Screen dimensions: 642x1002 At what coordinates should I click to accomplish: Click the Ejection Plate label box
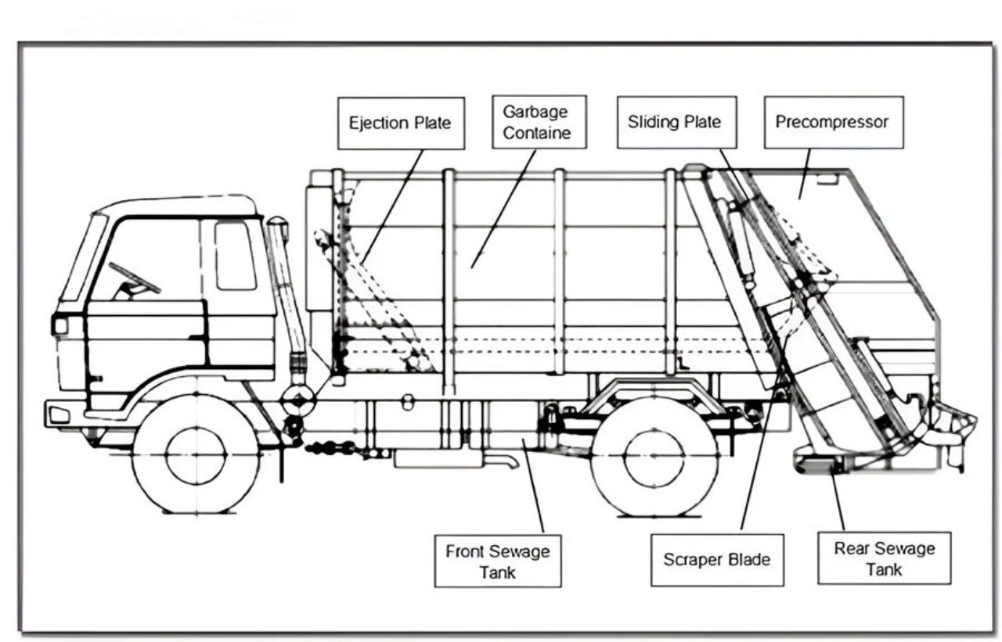pos(401,123)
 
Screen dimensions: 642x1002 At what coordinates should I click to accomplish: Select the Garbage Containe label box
pos(536,123)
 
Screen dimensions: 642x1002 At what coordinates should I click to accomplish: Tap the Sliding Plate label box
pos(675,122)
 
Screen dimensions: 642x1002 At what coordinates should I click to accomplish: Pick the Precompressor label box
pos(832,122)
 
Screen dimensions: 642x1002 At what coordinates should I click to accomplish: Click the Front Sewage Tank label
pos(498,561)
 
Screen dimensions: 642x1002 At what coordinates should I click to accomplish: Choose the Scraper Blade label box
pos(716,560)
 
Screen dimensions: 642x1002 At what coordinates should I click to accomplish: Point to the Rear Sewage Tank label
pos(884,558)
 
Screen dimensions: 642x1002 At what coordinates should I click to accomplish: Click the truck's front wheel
pos(196,454)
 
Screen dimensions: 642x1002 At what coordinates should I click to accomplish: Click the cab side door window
pos(235,255)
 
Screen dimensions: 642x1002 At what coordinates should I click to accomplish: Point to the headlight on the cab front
pos(59,325)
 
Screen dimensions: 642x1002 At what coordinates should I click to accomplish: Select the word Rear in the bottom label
pos(849,548)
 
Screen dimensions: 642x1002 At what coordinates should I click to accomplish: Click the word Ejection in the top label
pos(378,123)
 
